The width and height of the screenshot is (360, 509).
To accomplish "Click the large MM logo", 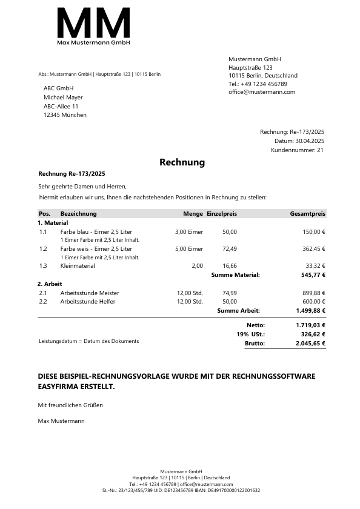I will (x=93, y=24).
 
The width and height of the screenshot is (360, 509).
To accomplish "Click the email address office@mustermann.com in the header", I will (x=262, y=92).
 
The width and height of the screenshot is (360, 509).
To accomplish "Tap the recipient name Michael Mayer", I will (x=63, y=98).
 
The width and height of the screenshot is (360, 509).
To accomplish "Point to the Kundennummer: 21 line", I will (x=298, y=150).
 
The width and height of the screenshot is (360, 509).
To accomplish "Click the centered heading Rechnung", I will (x=182, y=162).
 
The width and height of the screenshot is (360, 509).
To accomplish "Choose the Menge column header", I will (x=193, y=214).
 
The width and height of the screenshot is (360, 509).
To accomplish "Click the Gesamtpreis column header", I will (x=308, y=214).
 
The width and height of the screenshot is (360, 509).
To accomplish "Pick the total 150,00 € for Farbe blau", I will (x=314, y=232).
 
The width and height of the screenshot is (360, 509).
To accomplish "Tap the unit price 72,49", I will (x=230, y=249).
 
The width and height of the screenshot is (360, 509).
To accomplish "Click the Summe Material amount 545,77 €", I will (x=313, y=275).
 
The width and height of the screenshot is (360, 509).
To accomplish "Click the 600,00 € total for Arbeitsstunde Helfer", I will (x=314, y=302).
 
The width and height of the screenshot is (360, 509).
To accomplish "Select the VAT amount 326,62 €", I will (x=313, y=334).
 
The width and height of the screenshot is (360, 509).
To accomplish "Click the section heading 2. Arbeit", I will (x=50, y=284).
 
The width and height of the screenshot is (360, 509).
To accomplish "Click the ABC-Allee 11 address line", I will (x=61, y=106).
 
